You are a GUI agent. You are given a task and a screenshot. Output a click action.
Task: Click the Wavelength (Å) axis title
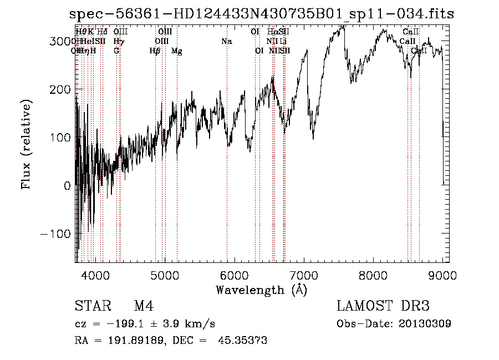(x=261, y=290)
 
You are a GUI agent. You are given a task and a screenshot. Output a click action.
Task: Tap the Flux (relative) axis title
(x=26, y=144)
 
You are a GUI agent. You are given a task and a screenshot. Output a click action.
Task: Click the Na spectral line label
(x=226, y=42)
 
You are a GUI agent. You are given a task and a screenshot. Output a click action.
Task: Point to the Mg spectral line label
(x=176, y=51)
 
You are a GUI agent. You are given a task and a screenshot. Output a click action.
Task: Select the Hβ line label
(x=155, y=51)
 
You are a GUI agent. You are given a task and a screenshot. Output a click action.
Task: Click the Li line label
(x=283, y=42)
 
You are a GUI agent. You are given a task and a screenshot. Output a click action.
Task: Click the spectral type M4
(x=143, y=306)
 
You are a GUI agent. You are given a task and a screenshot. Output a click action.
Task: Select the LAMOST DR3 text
(x=383, y=306)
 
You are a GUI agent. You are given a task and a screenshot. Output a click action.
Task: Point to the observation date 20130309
(x=424, y=324)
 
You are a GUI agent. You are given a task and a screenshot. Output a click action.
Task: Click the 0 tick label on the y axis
(x=68, y=186)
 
